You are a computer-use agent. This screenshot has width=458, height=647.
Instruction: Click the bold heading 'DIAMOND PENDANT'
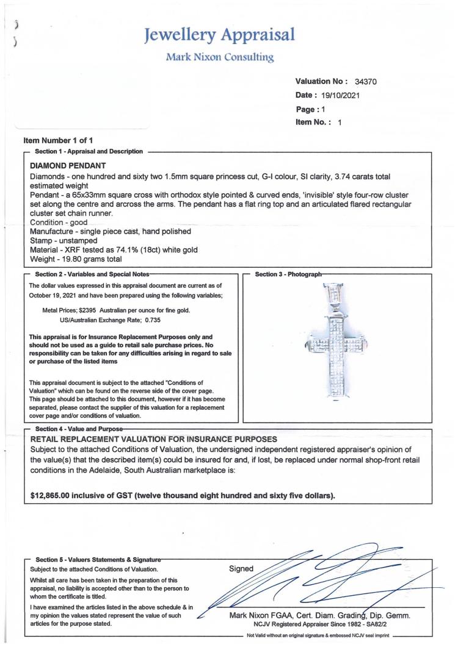pyautogui.click(x=68, y=166)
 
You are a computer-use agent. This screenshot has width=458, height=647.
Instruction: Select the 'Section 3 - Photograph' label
pyautogui.click(x=288, y=274)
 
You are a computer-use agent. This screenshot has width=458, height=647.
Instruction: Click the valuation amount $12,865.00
pyautogui.click(x=57, y=495)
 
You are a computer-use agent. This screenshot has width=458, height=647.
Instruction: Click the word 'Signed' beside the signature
pyautogui.click(x=241, y=568)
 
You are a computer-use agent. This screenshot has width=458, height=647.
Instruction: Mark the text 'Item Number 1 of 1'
pyautogui.click(x=58, y=141)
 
